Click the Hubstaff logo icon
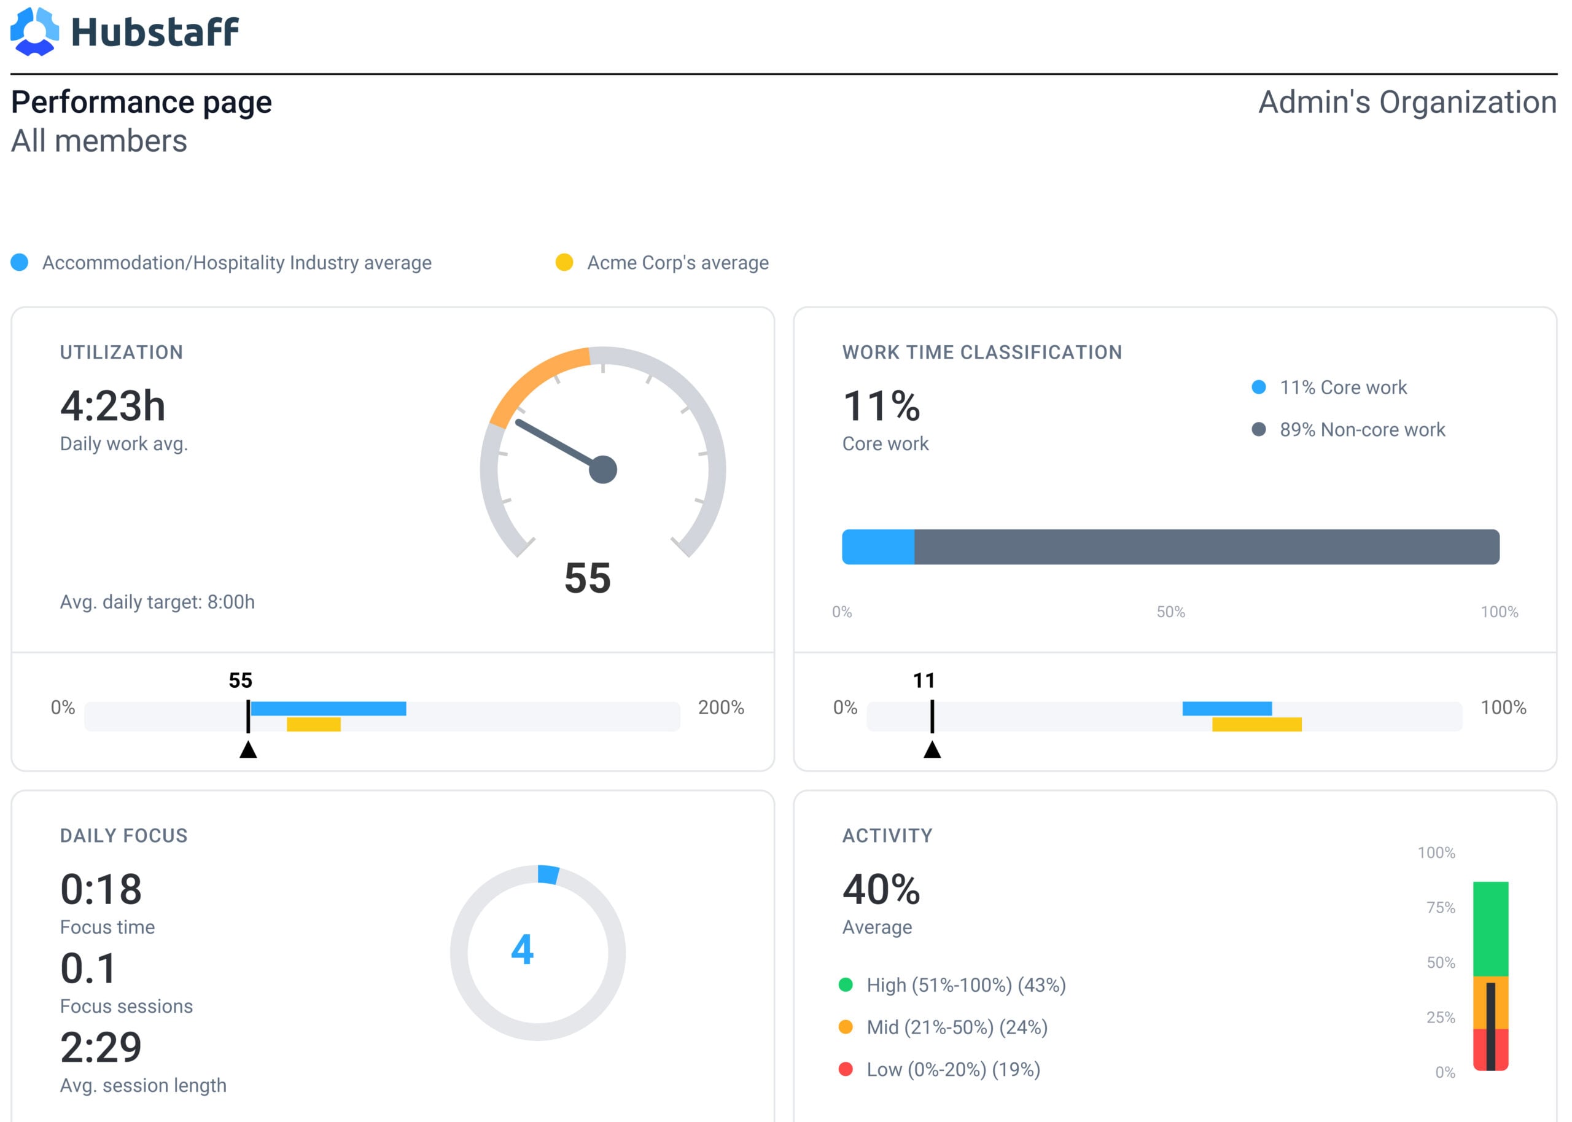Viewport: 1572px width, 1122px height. (x=34, y=31)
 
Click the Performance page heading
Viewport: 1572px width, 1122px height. (x=142, y=102)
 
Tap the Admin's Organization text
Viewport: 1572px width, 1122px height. (x=1407, y=102)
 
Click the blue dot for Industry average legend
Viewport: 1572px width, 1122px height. (x=19, y=263)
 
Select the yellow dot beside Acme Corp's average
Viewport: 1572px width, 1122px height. (x=564, y=263)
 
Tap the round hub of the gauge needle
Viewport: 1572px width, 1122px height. (x=603, y=470)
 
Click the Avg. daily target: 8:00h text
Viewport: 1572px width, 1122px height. (x=157, y=602)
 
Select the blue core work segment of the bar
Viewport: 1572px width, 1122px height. (x=878, y=547)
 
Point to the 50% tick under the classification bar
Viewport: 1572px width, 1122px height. (x=1171, y=612)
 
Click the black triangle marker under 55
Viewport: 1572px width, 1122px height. (x=248, y=750)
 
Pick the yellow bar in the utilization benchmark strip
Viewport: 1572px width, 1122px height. (x=314, y=724)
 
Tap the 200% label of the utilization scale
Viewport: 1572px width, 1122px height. (x=721, y=707)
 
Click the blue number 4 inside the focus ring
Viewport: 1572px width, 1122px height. (x=523, y=950)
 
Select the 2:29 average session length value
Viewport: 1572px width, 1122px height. (x=101, y=1048)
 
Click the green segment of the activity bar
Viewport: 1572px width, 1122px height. (x=1490, y=929)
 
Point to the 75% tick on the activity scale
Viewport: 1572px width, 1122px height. (x=1441, y=907)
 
